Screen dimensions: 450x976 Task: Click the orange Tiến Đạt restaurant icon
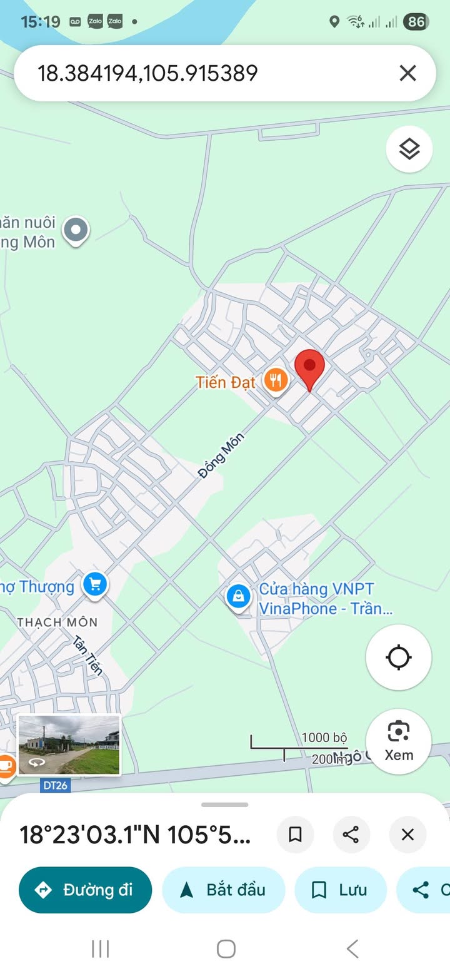click(275, 380)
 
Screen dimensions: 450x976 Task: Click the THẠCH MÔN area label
click(57, 622)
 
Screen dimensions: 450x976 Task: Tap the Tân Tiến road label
click(88, 655)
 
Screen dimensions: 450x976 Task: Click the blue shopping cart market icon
click(95, 585)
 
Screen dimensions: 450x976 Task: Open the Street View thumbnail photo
click(69, 745)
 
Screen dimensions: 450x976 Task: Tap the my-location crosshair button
click(398, 658)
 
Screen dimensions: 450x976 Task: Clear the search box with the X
click(407, 73)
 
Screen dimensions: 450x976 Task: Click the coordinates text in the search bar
click(148, 73)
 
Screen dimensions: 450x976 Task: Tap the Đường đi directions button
click(86, 890)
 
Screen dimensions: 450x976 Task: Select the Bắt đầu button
click(223, 890)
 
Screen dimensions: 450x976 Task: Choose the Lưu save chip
click(341, 890)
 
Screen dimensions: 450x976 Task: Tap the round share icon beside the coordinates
click(351, 834)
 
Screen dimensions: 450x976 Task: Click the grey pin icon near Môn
click(76, 230)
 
